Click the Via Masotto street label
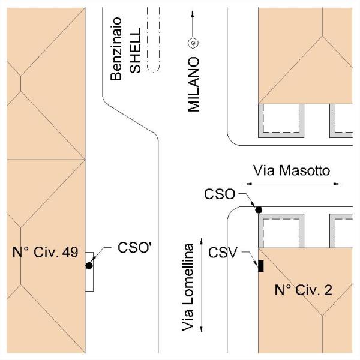292,170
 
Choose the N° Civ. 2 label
304,290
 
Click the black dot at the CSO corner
259,209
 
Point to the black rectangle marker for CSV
261,266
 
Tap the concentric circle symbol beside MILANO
193,43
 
